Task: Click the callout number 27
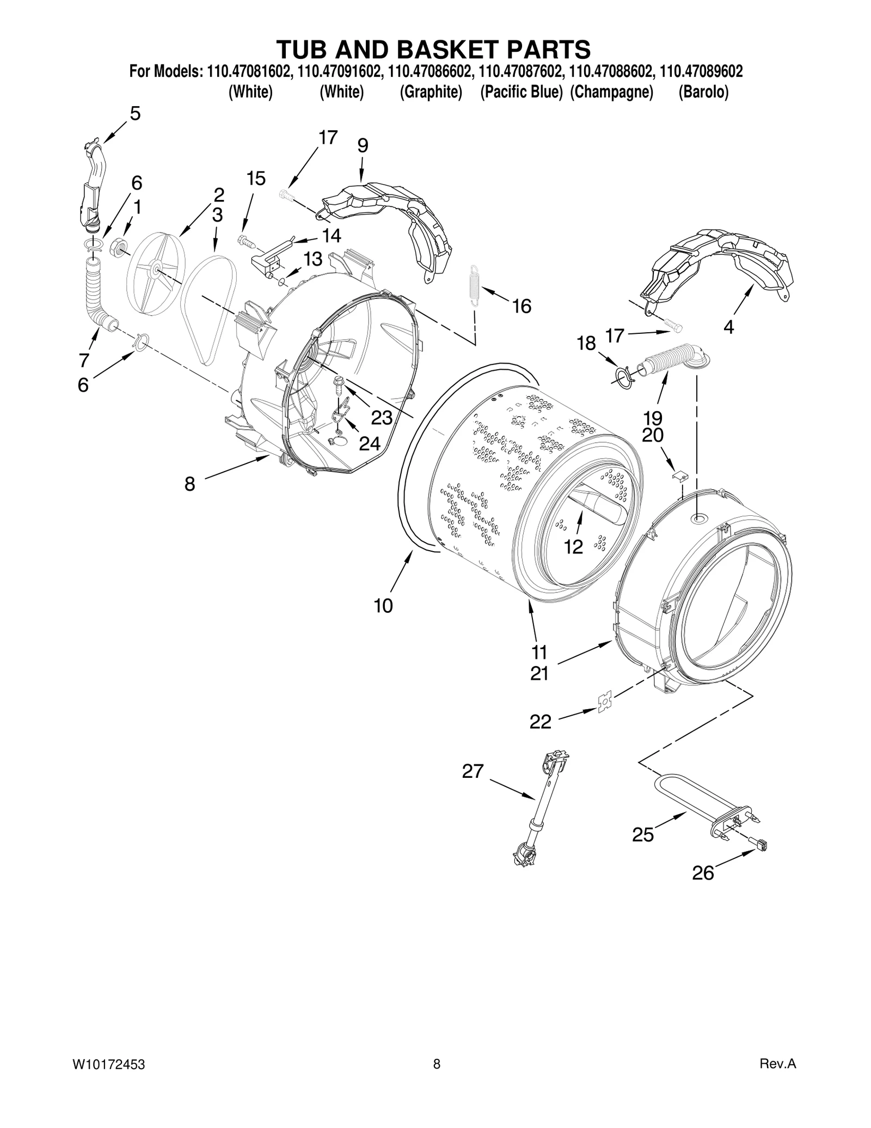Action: pyautogui.click(x=473, y=771)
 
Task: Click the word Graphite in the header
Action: pyautogui.click(x=431, y=93)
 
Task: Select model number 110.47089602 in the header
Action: pyautogui.click(x=701, y=71)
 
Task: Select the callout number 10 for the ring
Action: pyautogui.click(x=383, y=606)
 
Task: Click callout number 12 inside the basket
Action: pyautogui.click(x=574, y=546)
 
